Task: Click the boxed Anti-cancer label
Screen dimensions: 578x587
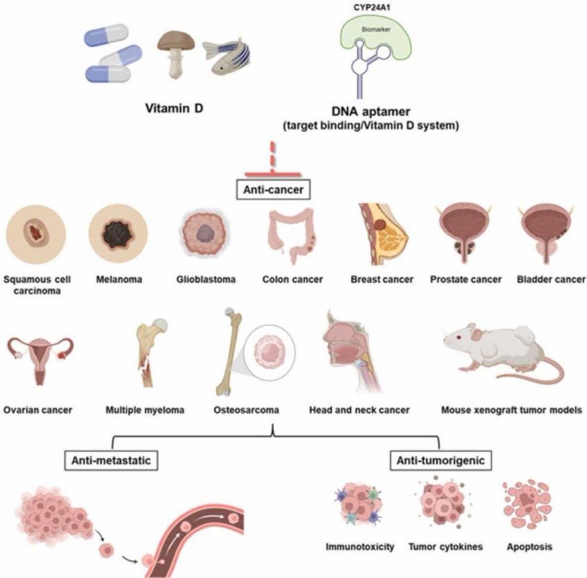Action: click(273, 190)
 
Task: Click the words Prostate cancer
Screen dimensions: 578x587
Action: click(465, 280)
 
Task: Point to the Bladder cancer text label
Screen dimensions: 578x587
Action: click(550, 280)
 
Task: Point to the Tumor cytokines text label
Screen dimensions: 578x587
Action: click(445, 547)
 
